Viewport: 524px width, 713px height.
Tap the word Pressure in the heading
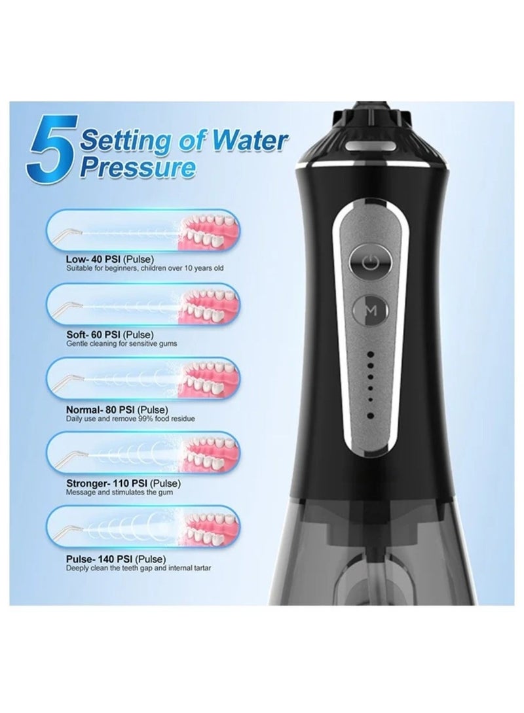(138, 168)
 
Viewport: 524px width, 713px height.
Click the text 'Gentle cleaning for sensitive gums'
(121, 343)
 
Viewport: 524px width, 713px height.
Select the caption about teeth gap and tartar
(138, 568)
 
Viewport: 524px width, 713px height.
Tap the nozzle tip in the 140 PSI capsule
(73, 527)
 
